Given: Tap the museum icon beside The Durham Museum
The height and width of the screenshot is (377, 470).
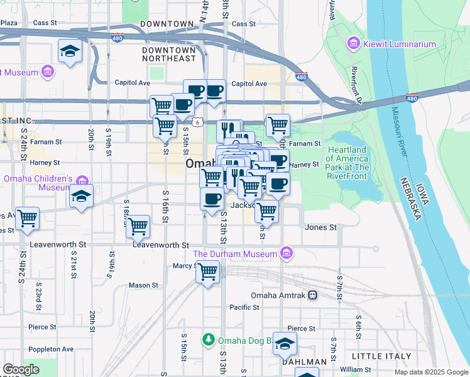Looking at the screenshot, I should (x=287, y=254).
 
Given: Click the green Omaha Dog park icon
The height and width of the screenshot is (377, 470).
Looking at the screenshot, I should (x=209, y=340).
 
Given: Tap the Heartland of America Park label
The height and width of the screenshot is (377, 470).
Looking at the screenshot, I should (x=347, y=159).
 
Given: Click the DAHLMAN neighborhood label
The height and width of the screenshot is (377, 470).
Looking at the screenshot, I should (x=304, y=362).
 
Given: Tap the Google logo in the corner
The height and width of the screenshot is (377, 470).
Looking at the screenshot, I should (x=21, y=369).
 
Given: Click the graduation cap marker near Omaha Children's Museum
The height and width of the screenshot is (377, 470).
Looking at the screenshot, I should (x=81, y=197).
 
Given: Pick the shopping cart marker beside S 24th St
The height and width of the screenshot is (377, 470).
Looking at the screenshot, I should (x=27, y=219).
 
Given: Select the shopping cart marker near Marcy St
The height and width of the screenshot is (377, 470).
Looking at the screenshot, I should (x=207, y=273).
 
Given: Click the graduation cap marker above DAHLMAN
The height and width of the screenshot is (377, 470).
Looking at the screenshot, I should (x=285, y=344).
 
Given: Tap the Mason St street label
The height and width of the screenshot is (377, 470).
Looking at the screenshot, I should (x=143, y=285).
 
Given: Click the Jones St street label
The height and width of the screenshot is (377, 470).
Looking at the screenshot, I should (x=320, y=227).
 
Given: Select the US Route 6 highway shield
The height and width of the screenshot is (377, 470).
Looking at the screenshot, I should (x=197, y=121).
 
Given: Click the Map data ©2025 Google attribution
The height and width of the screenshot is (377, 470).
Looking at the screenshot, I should (x=430, y=372).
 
